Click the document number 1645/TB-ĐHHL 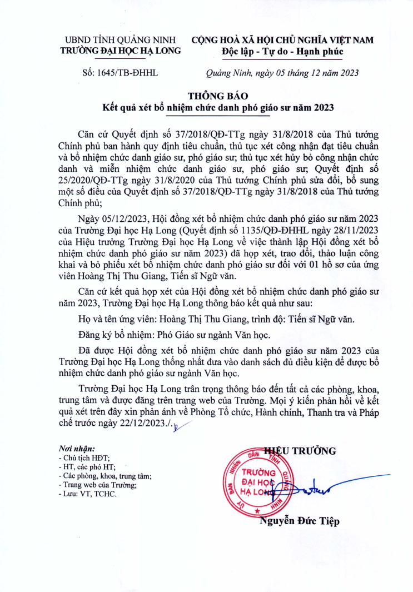[120, 73]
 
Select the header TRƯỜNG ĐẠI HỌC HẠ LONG [121, 51]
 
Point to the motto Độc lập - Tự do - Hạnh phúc [282, 52]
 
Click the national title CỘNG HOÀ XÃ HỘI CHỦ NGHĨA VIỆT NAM [282, 40]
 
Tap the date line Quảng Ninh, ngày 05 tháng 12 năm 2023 [282, 73]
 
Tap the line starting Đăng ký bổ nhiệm [174, 335]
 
